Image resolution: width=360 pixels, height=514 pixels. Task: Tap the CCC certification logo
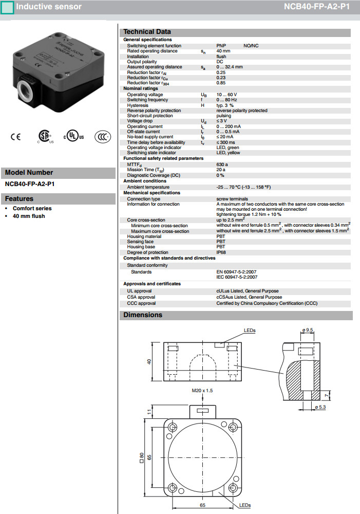[103, 137]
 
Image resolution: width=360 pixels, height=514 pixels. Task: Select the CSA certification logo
[44, 136]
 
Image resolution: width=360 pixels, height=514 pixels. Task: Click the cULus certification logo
[74, 137]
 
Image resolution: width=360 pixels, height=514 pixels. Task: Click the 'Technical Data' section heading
[147, 32]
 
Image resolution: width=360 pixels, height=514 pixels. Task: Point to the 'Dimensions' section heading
[143, 315]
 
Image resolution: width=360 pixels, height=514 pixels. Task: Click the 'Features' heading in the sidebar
[19, 199]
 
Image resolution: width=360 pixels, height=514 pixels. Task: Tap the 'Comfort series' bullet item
[32, 208]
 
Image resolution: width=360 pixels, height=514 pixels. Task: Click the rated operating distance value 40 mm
[223, 51]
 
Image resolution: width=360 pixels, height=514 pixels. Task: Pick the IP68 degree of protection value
[221, 252]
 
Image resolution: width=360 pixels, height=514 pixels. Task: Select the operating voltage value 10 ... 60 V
[226, 95]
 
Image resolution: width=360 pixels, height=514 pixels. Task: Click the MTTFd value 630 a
[222, 164]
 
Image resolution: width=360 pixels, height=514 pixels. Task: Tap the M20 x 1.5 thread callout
[202, 391]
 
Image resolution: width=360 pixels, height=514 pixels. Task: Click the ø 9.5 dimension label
[308, 329]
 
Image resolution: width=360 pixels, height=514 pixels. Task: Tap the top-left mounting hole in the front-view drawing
[173, 426]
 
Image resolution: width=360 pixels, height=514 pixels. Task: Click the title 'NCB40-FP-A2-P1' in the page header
[316, 7]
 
